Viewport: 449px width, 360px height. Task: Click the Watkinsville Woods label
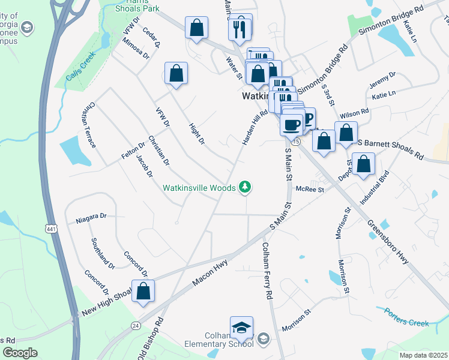coord(199,188)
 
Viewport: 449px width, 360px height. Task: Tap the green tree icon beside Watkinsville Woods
coord(245,188)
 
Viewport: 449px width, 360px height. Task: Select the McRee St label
coord(310,190)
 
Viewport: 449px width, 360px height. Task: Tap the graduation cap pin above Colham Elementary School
coord(241,328)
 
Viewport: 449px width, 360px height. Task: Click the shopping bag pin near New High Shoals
coord(143,292)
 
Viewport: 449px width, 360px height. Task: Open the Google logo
coord(20,353)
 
